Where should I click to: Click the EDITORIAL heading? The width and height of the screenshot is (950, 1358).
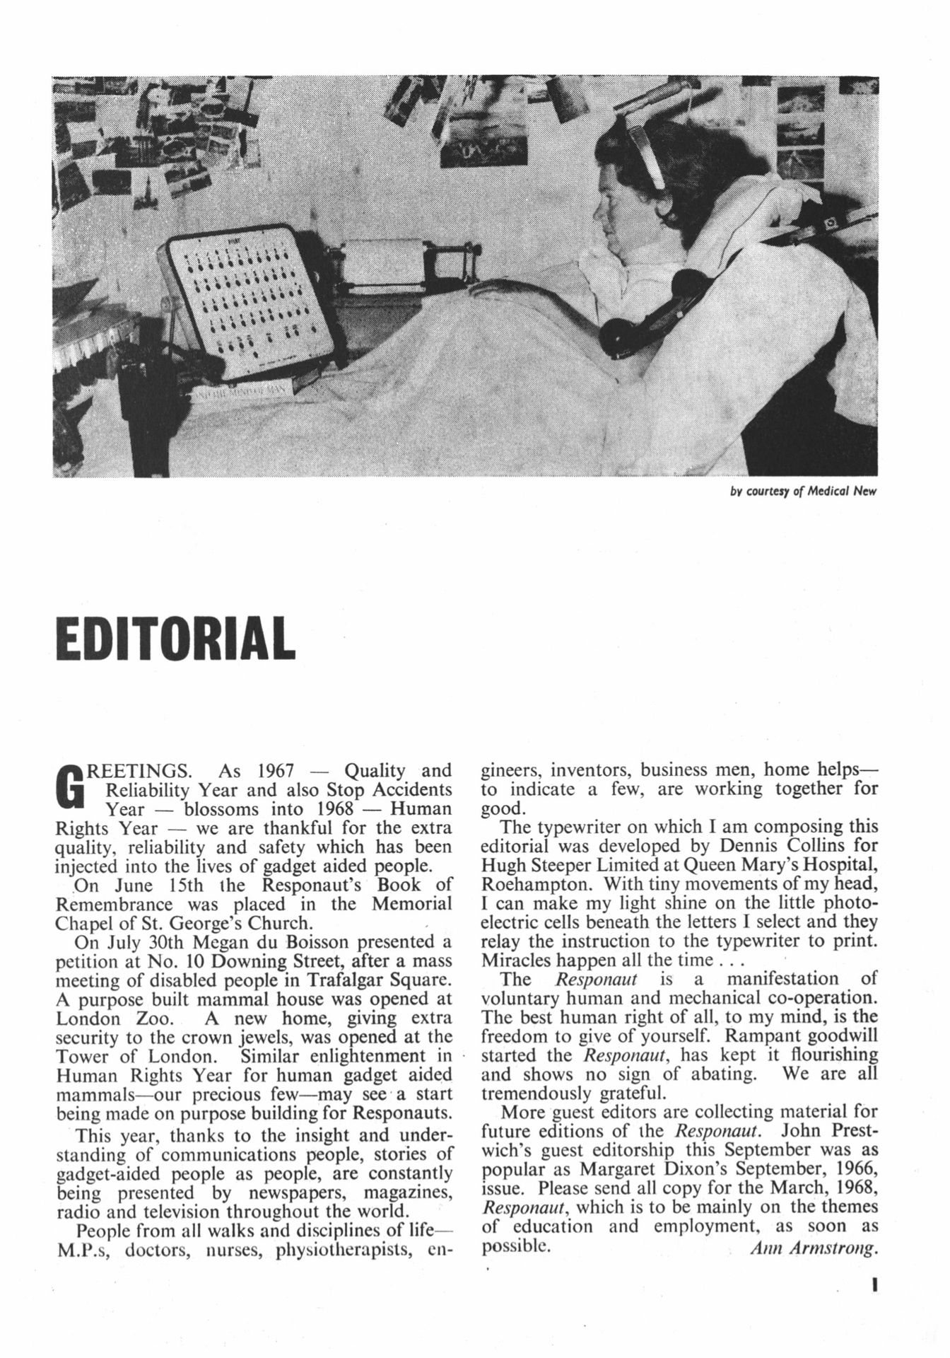175,638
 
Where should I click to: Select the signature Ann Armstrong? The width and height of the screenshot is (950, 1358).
813,1248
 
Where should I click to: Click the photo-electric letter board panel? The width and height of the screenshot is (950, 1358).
244,301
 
